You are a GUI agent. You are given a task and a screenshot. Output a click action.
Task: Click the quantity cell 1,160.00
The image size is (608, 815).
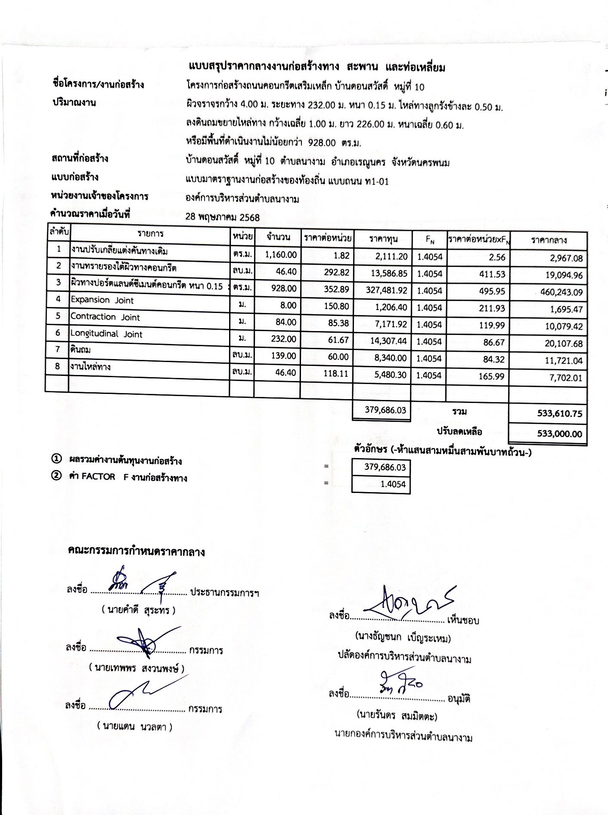pos(281,254)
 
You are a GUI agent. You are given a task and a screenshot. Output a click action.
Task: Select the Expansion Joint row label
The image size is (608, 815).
pos(102,300)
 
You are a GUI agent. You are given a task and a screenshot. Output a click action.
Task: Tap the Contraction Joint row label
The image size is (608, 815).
pos(105,317)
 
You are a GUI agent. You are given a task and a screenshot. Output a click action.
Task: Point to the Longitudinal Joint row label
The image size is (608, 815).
pos(106,334)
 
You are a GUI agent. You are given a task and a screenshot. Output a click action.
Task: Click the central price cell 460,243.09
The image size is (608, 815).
pos(561,292)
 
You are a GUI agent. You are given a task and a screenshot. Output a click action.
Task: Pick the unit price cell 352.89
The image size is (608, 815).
pos(336,289)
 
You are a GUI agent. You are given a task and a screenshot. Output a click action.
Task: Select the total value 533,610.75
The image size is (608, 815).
pos(559,414)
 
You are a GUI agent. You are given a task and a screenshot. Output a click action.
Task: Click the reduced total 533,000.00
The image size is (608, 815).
pos(559,434)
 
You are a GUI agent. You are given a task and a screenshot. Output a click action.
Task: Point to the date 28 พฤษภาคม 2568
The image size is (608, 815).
pos(222,217)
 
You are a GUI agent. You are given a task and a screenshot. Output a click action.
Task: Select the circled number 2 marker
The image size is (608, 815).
pos(56,476)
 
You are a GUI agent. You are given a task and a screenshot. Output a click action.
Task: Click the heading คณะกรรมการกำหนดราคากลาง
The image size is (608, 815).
pos(136,552)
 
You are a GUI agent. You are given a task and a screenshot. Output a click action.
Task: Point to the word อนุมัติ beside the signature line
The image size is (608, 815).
pos(459,699)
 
